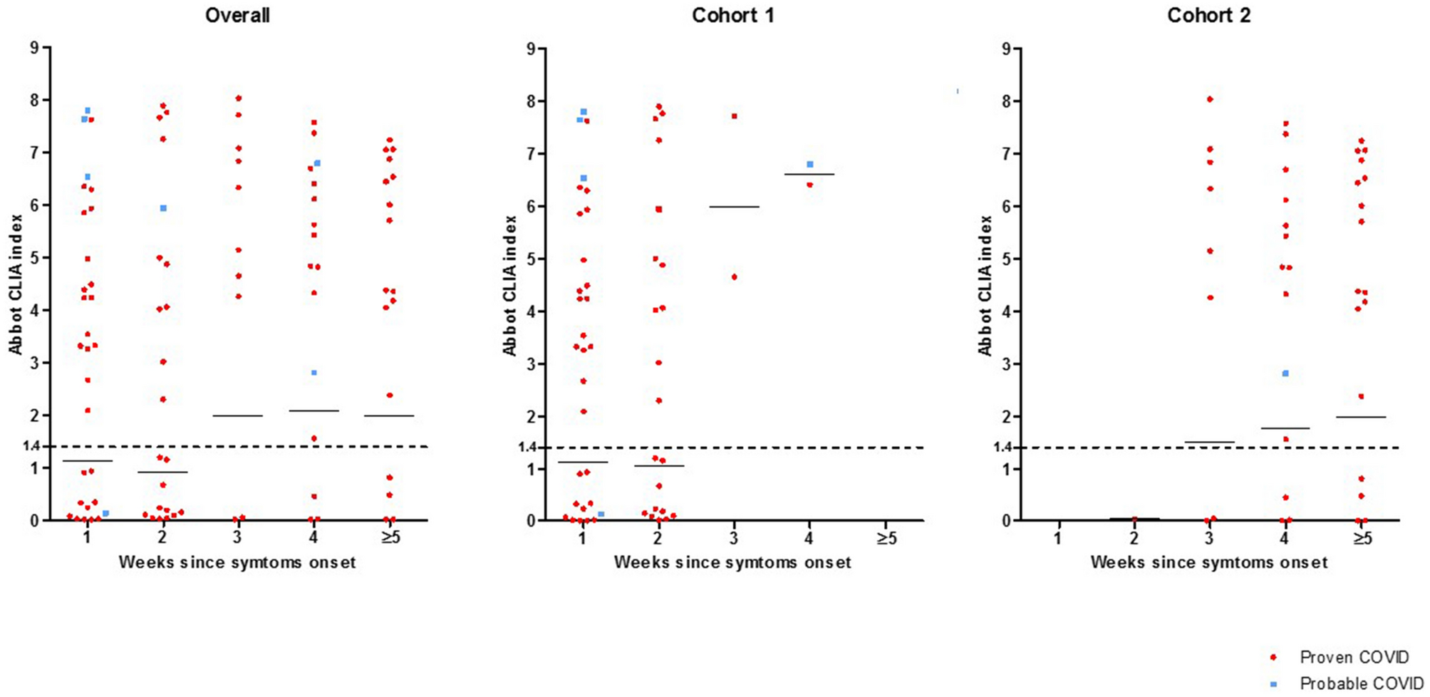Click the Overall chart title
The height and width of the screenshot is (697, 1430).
237,16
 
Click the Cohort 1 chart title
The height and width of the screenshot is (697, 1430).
732,16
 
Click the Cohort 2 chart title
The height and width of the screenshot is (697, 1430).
1208,16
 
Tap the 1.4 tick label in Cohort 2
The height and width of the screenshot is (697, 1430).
1002,448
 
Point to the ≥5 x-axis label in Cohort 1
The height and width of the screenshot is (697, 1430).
886,538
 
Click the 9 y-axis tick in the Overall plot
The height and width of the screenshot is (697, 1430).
34,48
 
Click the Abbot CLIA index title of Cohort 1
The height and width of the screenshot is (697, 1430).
510,285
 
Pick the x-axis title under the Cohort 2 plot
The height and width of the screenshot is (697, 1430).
1208,562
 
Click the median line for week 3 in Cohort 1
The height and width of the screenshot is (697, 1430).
734,207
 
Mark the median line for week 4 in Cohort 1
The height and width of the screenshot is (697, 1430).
809,174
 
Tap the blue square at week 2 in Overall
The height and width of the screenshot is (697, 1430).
163,208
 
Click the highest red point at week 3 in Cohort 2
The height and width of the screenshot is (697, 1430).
1210,99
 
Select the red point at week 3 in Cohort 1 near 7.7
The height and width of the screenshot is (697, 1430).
734,116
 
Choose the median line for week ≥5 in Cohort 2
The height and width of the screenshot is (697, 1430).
1361,417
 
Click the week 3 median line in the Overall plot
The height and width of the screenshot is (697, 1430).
238,415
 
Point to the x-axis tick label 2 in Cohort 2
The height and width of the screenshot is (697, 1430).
1134,538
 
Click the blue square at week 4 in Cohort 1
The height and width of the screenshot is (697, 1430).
810,165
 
